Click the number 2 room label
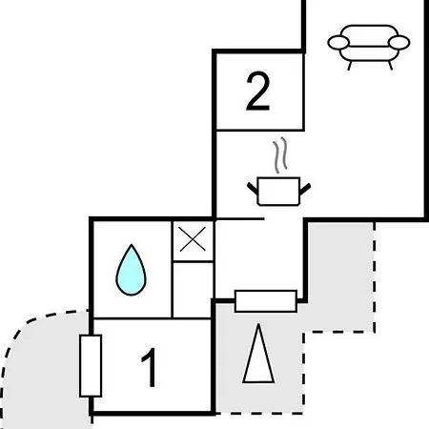[258, 92]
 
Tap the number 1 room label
[150, 367]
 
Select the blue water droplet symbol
[131, 270]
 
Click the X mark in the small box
[193, 239]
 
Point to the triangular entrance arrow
[258, 354]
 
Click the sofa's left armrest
[338, 43]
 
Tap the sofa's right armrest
[399, 43]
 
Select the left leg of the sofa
[350, 66]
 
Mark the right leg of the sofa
[390, 66]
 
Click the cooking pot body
[278, 192]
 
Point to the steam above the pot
[280, 155]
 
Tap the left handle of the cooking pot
[253, 188]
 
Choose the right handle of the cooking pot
[305, 189]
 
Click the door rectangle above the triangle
[266, 301]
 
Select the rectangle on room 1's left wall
[91, 366]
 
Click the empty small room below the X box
[193, 290]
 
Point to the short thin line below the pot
[240, 219]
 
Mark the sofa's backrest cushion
[369, 35]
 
